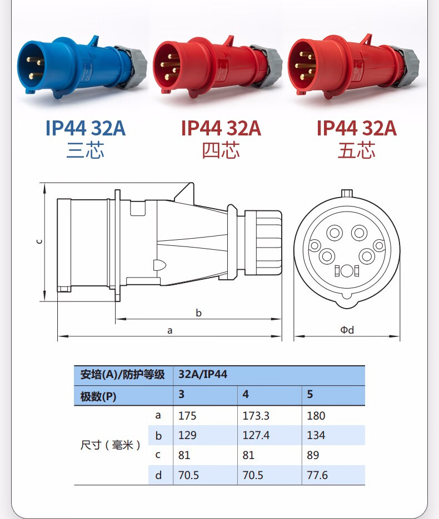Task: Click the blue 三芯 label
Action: pyautogui.click(x=86, y=150)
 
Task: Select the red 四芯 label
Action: pyautogui.click(x=221, y=150)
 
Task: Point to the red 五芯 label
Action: pyautogui.click(x=357, y=150)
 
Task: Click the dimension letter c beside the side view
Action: pyautogui.click(x=39, y=241)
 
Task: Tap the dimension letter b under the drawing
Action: pyautogui.click(x=198, y=313)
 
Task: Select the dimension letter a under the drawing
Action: pyautogui.click(x=169, y=330)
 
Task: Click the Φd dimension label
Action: pyautogui.click(x=347, y=330)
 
